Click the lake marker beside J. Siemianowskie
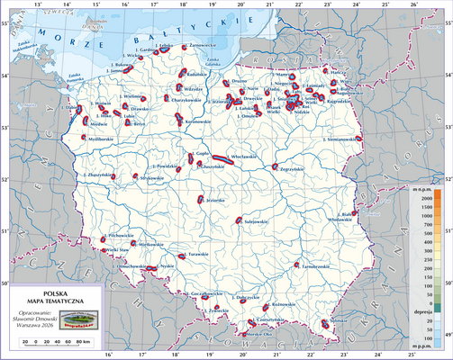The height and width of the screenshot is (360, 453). (359, 139)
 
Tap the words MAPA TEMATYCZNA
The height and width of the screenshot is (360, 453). (55, 301)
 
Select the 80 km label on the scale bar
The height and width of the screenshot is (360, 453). (87, 343)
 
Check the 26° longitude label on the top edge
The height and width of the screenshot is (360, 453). (413, 4)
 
